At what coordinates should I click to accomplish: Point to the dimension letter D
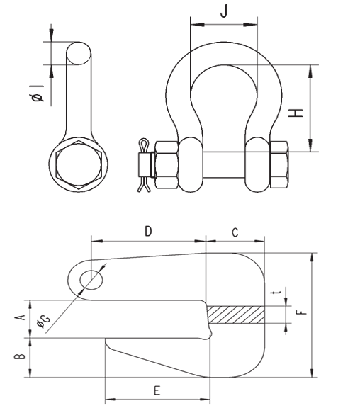148,231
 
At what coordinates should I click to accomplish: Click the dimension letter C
235,232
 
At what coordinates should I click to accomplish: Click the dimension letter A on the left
21,319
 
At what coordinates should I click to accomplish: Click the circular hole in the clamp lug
91,278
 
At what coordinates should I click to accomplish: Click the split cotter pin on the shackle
143,164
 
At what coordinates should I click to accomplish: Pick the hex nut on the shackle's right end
279,164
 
